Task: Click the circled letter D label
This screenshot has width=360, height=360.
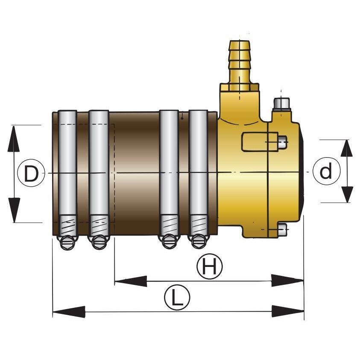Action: (31, 173)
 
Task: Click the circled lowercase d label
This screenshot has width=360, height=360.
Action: (326, 171)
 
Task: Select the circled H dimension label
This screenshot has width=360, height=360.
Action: (210, 266)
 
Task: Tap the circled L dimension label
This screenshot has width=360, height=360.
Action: (177, 297)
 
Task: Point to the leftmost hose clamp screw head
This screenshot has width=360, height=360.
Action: (67, 243)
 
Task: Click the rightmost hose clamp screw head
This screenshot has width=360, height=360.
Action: (199, 242)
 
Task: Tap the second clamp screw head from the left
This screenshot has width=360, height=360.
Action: (99, 243)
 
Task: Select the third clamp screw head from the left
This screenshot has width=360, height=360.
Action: (169, 242)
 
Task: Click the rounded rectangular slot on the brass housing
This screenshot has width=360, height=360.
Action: (260, 142)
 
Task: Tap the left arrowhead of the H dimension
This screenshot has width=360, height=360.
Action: (131, 281)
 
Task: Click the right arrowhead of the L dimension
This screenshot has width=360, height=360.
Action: (288, 311)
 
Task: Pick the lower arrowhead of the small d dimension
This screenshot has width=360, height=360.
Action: (347, 194)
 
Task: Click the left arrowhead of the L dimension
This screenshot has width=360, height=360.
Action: (69, 312)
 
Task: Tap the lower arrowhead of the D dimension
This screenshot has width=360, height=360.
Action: (14, 210)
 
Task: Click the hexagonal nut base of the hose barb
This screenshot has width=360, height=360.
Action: (240, 87)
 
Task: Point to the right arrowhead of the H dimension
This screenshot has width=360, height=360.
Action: (287, 280)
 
